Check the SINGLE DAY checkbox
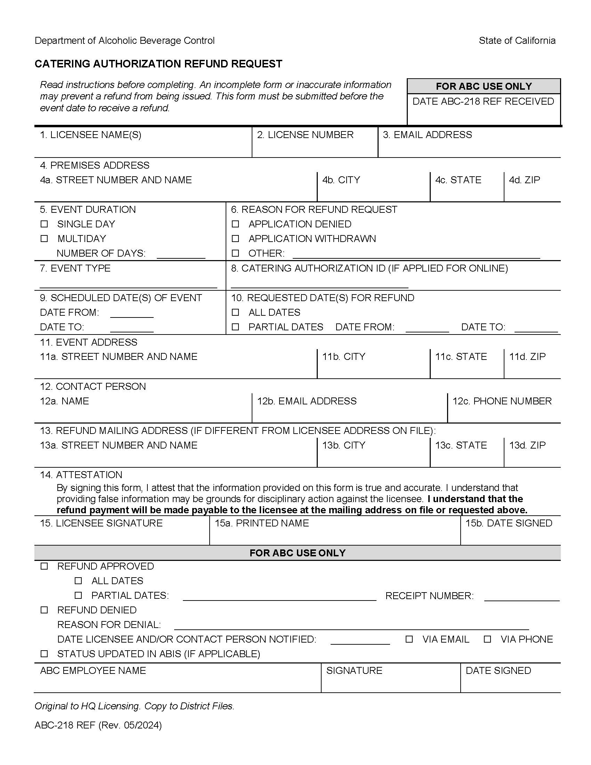coord(44,224)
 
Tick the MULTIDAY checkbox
coord(44,239)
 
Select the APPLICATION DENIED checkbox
coord(236,224)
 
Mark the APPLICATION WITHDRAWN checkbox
coord(236,239)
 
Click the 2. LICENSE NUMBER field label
coord(305,135)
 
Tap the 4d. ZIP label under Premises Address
coord(524,180)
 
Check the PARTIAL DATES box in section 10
coord(236,327)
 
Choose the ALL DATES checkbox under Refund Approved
coord(79,581)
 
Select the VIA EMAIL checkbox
coord(409,639)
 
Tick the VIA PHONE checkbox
coord(487,639)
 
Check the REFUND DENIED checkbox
coord(44,610)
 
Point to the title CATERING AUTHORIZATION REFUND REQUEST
coord(158,64)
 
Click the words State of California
coord(517,41)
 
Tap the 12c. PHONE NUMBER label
coord(502,401)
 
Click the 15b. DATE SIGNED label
coord(508,523)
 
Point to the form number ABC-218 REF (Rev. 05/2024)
coord(98,725)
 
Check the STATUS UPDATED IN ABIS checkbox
coord(44,654)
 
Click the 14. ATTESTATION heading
coord(81,475)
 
